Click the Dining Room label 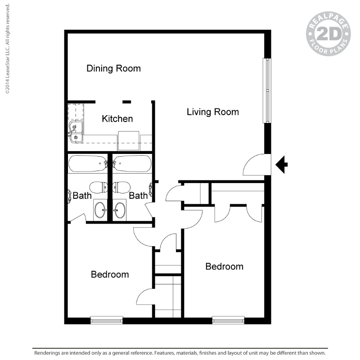click(x=113, y=68)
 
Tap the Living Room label click(x=212, y=112)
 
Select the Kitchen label click(x=117, y=119)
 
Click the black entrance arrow click(x=281, y=164)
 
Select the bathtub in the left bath click(x=86, y=163)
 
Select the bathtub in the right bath click(x=132, y=163)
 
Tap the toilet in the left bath click(x=98, y=187)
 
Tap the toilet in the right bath click(x=121, y=187)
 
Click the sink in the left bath click(x=100, y=210)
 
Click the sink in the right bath click(x=120, y=210)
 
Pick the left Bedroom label click(x=110, y=274)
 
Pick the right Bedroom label click(x=224, y=266)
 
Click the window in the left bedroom click(x=106, y=320)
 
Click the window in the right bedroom click(x=228, y=320)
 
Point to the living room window click(x=267, y=90)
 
